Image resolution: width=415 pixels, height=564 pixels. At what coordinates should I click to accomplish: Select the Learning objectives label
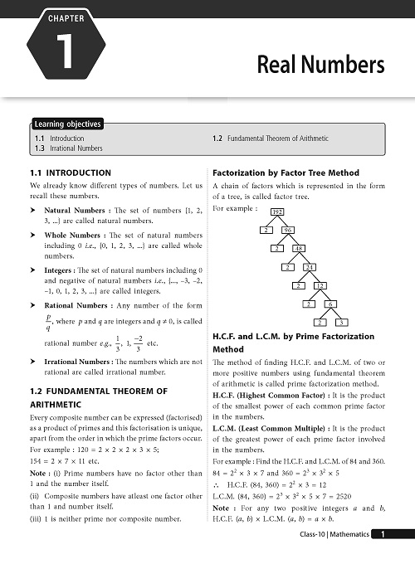[68, 124]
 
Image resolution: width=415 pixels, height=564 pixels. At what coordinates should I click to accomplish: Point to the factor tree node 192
[255, 213]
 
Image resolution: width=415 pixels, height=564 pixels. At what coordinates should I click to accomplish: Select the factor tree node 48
[299, 249]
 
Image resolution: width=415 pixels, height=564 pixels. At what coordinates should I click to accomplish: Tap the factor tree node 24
[310, 267]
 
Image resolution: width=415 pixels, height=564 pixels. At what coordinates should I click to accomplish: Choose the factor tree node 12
[320, 285]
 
